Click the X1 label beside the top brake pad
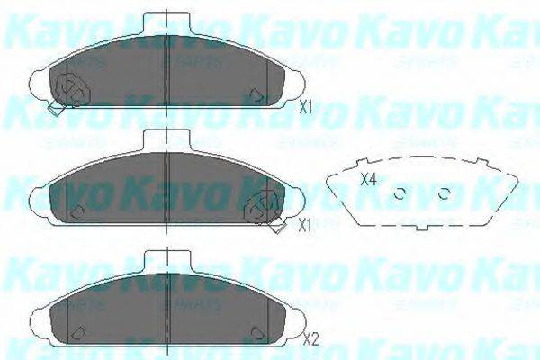[x=305, y=107]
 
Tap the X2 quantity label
[x=311, y=339]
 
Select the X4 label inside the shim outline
[x=367, y=179]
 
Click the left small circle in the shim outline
[x=402, y=193]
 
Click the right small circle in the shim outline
[x=443, y=193]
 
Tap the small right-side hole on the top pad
[x=257, y=94]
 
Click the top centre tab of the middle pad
[x=168, y=139]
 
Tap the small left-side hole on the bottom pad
[x=76, y=328]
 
